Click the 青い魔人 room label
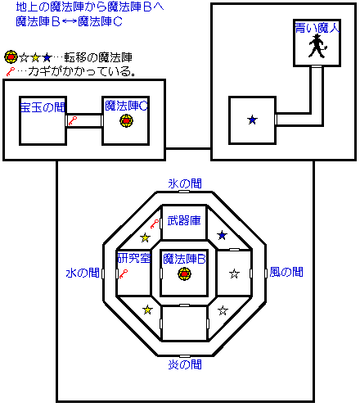click(317, 28)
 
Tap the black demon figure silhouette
click(317, 46)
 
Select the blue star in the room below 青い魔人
click(252, 120)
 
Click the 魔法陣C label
click(126, 106)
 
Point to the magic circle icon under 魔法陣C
click(127, 120)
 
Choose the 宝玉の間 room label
click(43, 107)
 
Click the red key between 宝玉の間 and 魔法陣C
click(73, 120)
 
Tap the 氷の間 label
click(185, 183)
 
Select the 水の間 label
click(83, 273)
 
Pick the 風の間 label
click(286, 272)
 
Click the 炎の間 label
click(185, 364)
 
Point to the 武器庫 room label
click(184, 220)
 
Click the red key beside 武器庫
click(155, 224)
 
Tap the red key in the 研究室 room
click(124, 274)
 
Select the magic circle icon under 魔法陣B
click(184, 274)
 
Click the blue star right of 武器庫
click(222, 235)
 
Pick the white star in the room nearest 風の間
click(234, 274)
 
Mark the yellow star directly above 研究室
click(145, 237)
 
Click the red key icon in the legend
click(10, 72)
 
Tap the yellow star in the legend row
click(35, 58)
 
